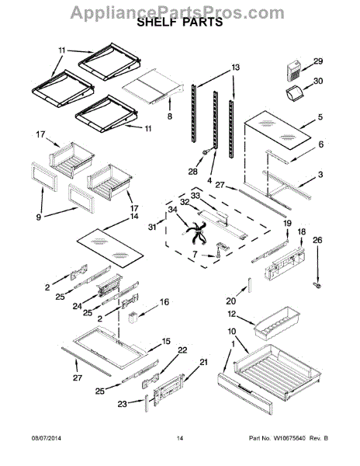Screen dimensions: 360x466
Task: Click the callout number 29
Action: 318,61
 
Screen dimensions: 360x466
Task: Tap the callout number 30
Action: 318,81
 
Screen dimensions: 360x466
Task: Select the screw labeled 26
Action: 317,286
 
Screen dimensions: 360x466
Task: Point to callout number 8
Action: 169,116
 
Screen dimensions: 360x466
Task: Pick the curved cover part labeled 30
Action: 294,92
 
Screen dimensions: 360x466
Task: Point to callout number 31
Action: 153,228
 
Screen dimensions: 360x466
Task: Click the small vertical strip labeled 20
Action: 250,285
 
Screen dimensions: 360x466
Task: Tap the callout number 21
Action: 203,362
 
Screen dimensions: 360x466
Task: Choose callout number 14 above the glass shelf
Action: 134,217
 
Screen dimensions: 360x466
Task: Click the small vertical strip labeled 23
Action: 147,403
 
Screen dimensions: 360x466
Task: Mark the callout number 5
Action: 320,116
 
